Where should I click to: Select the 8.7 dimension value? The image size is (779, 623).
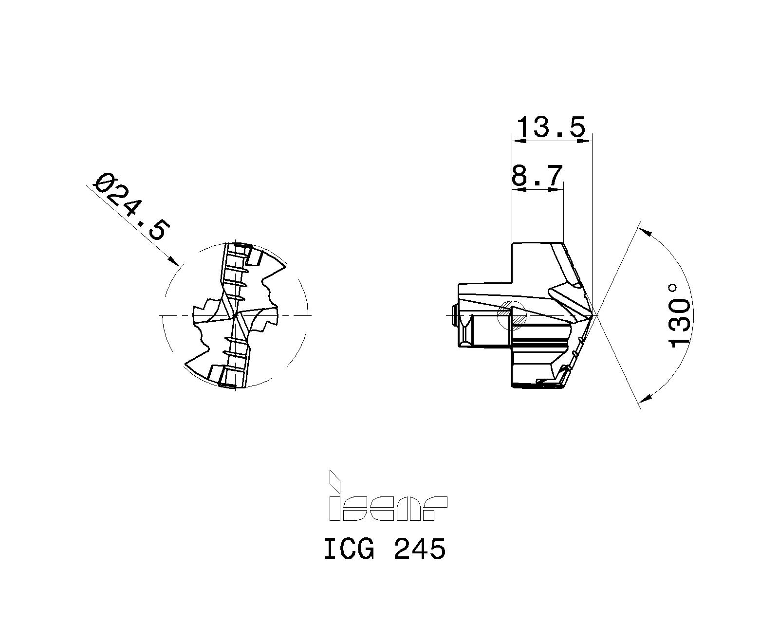coord(537,176)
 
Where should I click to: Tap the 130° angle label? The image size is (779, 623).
coord(679,316)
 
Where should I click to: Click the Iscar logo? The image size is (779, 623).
coord(388,502)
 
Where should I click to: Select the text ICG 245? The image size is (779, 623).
coord(385,550)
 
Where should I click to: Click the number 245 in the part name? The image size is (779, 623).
coord(420,550)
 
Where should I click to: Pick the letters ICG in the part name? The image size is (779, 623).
coord(349,550)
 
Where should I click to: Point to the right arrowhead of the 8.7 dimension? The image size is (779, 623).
coord(557,190)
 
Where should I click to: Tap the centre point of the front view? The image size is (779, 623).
coord(235,315)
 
